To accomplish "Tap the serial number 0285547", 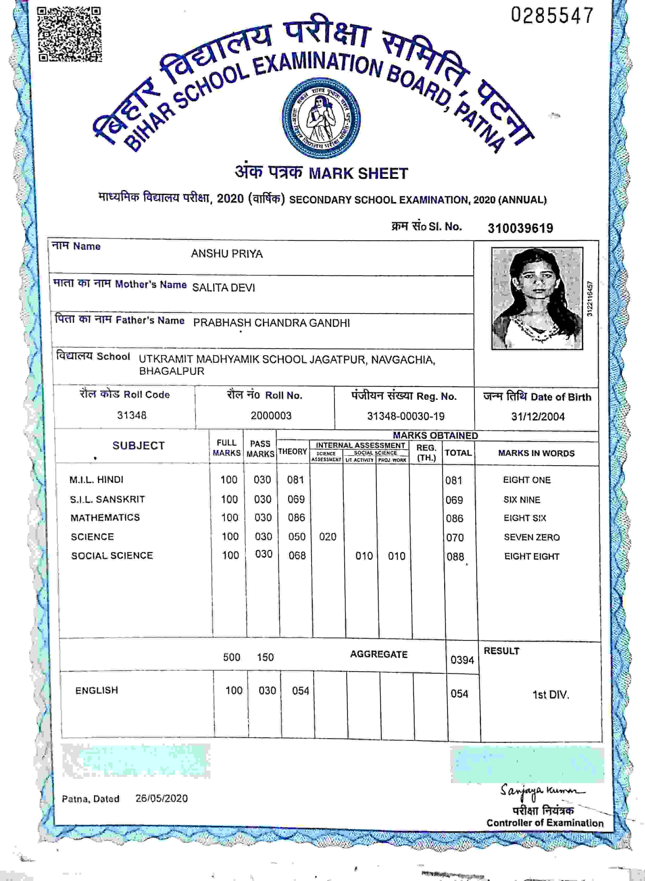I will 552,16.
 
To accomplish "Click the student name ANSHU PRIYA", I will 226,254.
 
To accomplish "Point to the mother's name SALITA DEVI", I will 223,288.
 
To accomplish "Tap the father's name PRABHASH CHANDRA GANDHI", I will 271,323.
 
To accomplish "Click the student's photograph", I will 537,298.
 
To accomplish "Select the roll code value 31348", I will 132,415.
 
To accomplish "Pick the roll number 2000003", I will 271,416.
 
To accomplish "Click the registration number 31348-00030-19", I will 406,416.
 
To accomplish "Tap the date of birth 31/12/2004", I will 538,417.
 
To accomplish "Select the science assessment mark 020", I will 327,537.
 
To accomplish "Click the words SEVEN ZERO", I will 531,537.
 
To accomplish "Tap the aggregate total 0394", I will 462,660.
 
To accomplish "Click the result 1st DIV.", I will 550,695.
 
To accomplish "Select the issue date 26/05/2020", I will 161,798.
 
